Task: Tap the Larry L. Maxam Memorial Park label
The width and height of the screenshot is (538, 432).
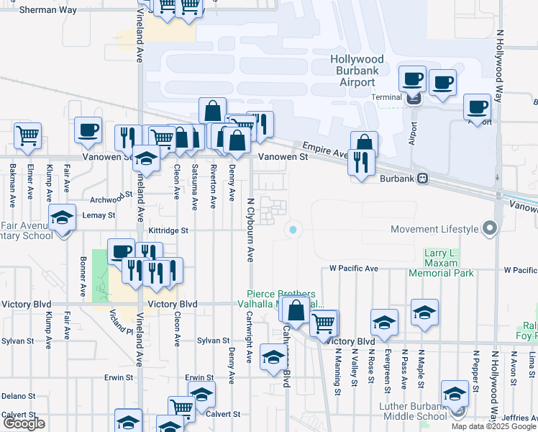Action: (442, 264)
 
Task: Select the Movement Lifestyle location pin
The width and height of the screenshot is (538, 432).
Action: (491, 228)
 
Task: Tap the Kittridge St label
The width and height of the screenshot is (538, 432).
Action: (168, 231)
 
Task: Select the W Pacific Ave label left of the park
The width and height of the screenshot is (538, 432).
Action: (353, 269)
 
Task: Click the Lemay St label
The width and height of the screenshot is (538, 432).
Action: (101, 215)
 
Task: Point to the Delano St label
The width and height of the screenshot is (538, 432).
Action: (18, 396)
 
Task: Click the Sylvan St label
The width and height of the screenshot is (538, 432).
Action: (213, 341)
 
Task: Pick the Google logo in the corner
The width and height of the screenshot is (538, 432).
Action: (24, 423)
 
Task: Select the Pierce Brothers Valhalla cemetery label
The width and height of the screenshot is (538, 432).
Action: (282, 299)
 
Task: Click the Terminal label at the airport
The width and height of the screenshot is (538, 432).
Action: (386, 96)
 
